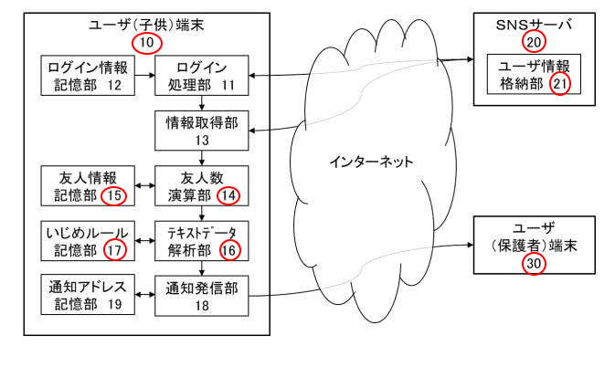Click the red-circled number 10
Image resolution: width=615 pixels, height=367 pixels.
point(145,41)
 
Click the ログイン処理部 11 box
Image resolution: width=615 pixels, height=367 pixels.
point(200,75)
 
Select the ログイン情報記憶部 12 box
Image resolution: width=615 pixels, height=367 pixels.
point(89,75)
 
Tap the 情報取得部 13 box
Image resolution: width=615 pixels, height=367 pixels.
point(200,131)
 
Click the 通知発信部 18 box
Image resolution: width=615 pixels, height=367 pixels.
point(200,296)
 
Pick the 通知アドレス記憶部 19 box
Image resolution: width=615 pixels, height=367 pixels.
point(89,296)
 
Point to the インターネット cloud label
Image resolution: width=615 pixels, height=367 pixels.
point(370,162)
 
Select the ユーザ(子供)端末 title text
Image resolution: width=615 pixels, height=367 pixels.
point(145,23)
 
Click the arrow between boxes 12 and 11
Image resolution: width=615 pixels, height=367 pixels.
point(144,75)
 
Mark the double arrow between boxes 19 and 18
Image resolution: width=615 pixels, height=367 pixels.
point(144,296)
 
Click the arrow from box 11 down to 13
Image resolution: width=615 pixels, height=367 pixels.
point(200,102)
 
